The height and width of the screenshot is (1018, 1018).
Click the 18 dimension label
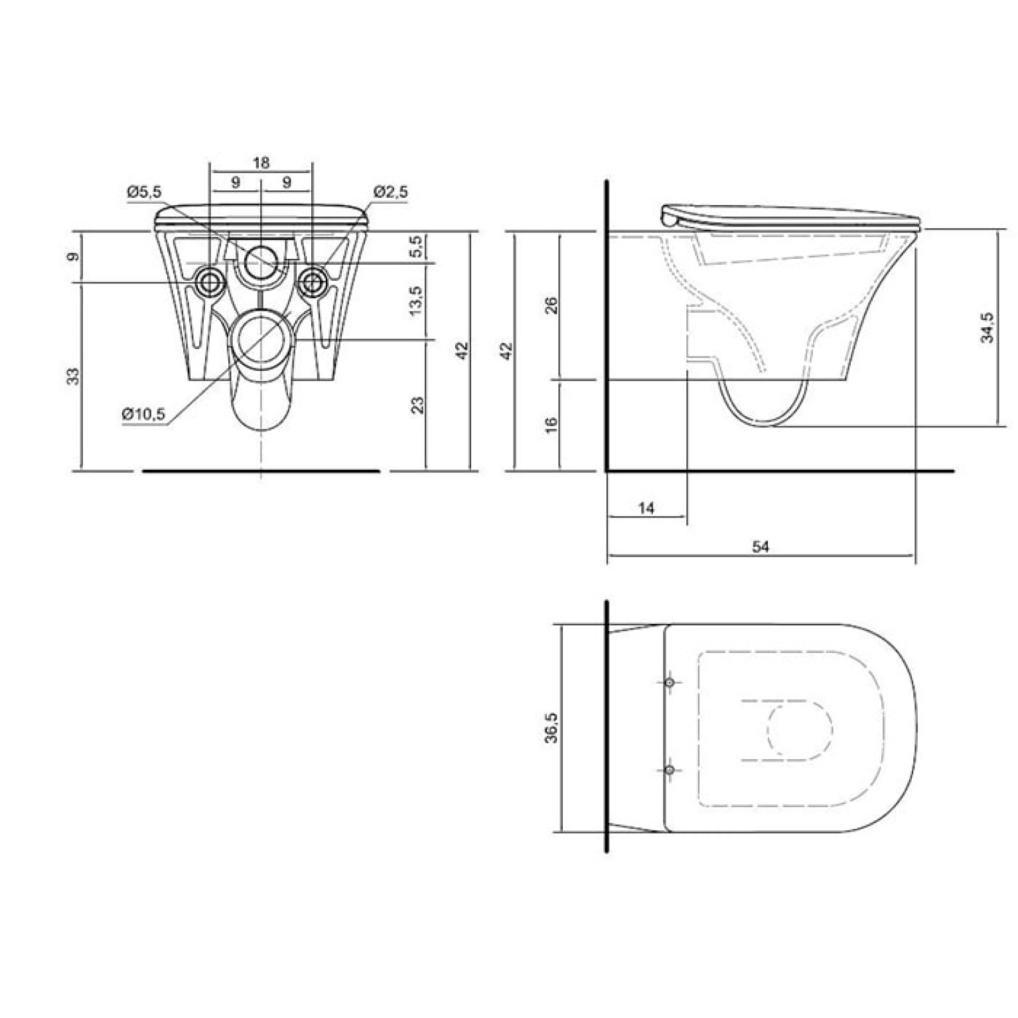261,163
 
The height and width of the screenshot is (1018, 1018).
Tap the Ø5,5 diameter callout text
144,192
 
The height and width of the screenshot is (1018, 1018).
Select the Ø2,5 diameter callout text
391,192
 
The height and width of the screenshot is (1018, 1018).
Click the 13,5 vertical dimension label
416,301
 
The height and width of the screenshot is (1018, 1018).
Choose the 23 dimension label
417,405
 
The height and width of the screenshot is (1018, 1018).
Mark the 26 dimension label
551,305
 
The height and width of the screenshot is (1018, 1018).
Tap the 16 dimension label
551,423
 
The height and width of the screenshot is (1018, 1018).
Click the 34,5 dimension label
988,327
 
